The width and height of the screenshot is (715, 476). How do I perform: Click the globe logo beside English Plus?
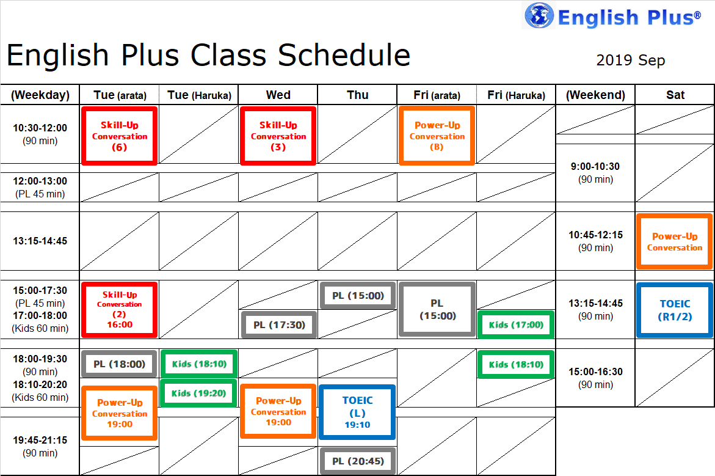click(539, 15)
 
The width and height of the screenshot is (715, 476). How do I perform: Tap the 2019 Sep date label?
click(631, 60)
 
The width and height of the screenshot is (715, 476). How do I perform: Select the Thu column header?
click(358, 95)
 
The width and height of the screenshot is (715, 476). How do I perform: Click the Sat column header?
click(675, 95)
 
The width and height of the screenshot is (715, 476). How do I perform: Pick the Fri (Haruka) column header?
click(516, 95)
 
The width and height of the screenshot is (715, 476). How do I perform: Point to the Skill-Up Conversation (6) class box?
click(120, 136)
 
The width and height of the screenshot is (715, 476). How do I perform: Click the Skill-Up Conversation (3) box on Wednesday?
click(278, 136)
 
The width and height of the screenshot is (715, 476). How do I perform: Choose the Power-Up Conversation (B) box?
click(437, 136)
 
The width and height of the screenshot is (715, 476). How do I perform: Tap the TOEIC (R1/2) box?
click(675, 310)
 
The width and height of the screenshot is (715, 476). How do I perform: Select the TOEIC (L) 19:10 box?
click(358, 412)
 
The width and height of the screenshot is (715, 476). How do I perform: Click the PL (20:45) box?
click(358, 461)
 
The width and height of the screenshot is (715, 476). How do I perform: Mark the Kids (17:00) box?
click(516, 324)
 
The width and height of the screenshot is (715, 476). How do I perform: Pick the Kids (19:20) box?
click(199, 393)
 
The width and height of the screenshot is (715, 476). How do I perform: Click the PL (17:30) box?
click(279, 324)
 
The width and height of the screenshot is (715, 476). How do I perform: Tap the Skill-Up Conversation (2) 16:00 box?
click(120, 310)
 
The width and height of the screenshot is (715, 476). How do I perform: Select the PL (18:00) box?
click(119, 364)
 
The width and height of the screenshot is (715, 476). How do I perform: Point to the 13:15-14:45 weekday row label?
click(40, 241)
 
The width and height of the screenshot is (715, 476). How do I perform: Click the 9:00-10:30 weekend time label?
click(595, 172)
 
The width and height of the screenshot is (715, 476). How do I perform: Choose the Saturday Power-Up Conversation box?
click(675, 241)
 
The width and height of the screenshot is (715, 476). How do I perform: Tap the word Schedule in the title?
click(344, 55)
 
